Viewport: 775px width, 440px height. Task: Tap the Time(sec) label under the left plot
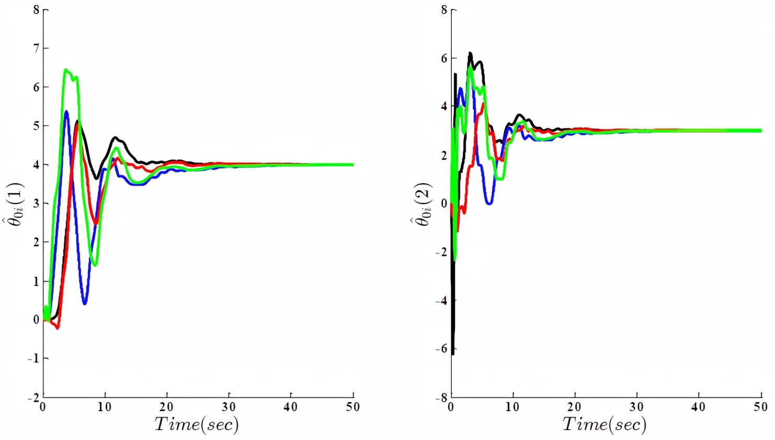click(196, 424)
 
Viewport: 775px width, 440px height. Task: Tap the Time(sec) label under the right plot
click(604, 424)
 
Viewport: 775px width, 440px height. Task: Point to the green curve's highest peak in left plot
click(66, 70)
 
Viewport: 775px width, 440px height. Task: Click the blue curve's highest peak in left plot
click(66, 111)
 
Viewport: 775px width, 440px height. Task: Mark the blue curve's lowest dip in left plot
click(85, 303)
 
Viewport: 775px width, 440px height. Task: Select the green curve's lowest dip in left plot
click(95, 265)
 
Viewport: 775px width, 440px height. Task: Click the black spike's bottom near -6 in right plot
click(453, 354)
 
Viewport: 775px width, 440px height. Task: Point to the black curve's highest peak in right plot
click(470, 53)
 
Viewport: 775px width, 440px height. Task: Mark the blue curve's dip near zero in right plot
click(489, 202)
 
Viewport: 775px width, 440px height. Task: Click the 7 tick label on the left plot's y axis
click(37, 48)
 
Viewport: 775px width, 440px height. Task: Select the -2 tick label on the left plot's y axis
click(33, 398)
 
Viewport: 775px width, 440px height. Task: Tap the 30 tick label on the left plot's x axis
click(229, 407)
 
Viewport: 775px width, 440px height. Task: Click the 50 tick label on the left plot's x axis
click(353, 407)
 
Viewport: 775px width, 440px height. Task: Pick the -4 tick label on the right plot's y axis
click(441, 301)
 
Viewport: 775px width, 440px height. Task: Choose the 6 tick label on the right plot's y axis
click(444, 58)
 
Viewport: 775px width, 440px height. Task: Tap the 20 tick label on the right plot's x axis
click(574, 407)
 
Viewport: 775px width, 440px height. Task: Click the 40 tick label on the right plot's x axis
click(698, 407)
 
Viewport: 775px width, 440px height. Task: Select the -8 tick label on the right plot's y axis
click(441, 398)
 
